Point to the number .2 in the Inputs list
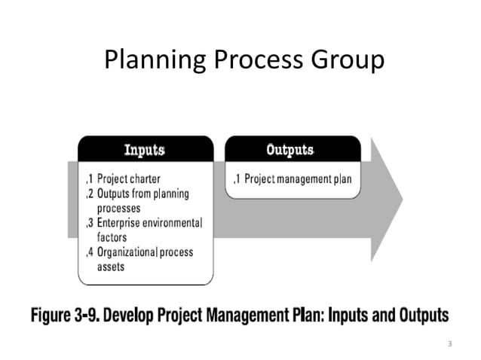tap(89, 194)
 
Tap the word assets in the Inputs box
tap(112, 266)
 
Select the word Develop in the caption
tap(132, 314)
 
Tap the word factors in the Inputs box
tap(114, 236)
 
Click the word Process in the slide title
tap(246, 59)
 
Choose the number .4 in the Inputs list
tap(89, 252)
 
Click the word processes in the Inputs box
tap(119, 208)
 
